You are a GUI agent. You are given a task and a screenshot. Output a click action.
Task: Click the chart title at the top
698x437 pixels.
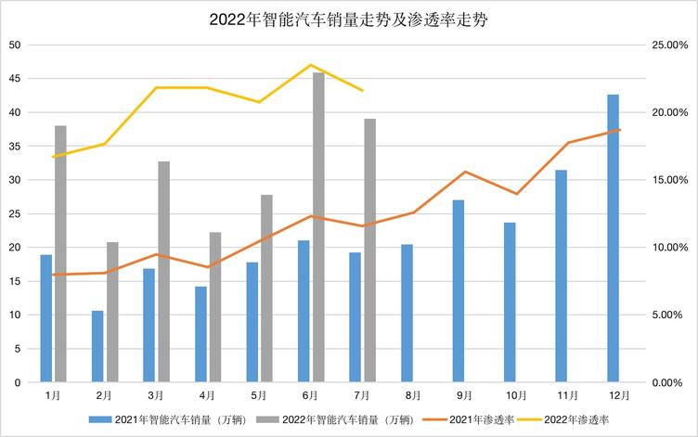[x=349, y=19]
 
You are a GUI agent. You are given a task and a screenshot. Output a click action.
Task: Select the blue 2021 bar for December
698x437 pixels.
[x=613, y=238]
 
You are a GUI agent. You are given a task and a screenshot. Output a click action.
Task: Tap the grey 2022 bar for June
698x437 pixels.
[x=318, y=227]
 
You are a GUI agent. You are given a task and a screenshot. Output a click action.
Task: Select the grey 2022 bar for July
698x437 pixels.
[x=369, y=251]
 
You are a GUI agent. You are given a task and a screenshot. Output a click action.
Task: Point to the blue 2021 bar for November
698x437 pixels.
[x=562, y=276]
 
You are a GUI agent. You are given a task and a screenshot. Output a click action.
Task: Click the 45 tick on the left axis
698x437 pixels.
[x=16, y=79]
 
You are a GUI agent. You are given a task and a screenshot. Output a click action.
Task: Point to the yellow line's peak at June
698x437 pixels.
[x=311, y=65]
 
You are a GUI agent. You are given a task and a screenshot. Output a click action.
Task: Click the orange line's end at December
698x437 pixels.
[x=619, y=130]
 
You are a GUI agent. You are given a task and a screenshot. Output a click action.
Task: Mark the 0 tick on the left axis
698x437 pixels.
[x=19, y=382]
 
